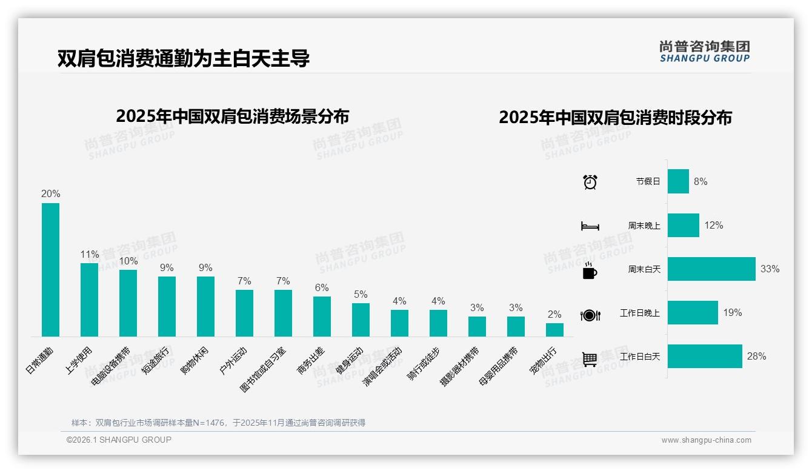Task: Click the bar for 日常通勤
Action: point(50,270)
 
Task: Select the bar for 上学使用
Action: point(89,300)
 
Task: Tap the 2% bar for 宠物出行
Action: point(554,330)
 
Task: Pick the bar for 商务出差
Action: point(322,317)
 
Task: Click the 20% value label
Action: point(50,194)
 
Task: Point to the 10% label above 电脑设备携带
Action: point(128,261)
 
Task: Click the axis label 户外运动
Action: point(235,361)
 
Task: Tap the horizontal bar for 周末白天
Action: point(711,269)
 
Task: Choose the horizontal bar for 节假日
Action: point(678,181)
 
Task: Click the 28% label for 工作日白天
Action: point(756,357)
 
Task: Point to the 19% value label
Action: point(732,313)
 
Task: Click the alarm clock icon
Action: point(590,181)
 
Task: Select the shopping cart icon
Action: point(590,359)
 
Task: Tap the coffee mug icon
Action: point(590,270)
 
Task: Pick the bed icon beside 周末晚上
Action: point(590,226)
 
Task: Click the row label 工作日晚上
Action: point(640,314)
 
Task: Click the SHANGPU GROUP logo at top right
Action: point(704,52)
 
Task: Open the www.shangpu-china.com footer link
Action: point(706,440)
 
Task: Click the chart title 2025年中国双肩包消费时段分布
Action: point(615,118)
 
